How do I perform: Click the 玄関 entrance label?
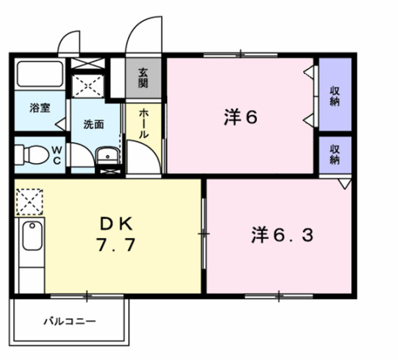coord(144,78)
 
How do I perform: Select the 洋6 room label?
coord(240,117)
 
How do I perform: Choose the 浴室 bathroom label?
coord(40,109)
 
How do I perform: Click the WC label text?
coord(57,155)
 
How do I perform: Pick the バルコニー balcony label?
coord(69,319)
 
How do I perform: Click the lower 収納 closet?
coord(335,154)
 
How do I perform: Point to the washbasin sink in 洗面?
coord(107,154)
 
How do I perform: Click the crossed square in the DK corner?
coord(30,201)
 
